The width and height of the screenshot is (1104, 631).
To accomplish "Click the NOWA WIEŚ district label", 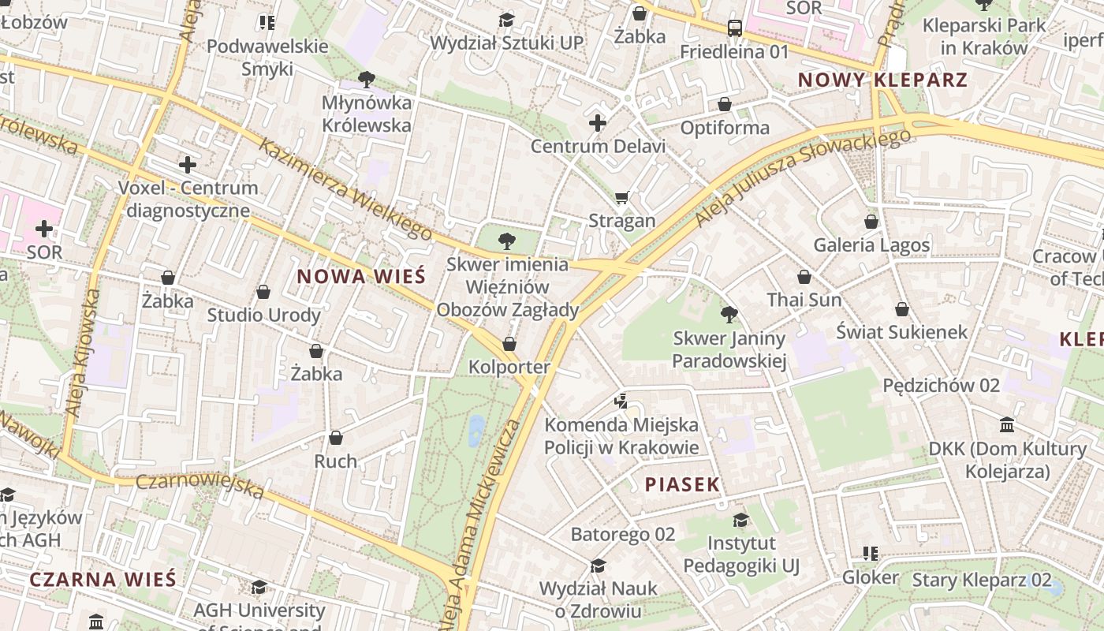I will point(361,276).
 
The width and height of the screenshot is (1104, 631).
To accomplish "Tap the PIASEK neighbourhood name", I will point(683,484).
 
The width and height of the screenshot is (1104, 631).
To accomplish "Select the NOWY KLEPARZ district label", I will point(882,80).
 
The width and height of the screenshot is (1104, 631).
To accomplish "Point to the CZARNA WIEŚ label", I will point(103,579).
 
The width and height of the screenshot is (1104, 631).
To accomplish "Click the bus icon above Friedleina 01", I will point(734,28).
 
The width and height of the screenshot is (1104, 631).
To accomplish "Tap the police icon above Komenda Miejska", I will point(621,401).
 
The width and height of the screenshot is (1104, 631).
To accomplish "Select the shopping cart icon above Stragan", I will point(622,197).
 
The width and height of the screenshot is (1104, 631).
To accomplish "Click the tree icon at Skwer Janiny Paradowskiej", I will point(729,315).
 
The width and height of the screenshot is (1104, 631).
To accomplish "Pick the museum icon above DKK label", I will point(1007,425).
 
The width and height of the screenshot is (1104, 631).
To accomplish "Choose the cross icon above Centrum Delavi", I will point(598,123).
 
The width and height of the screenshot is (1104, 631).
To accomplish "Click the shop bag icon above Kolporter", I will point(509,344).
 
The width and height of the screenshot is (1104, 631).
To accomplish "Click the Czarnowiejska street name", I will point(200,485).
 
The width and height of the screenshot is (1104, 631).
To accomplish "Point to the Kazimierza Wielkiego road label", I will point(346,189).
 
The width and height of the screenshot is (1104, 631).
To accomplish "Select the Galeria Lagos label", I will point(871,245).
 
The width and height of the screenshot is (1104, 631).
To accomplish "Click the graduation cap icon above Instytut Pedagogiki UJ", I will point(740,520).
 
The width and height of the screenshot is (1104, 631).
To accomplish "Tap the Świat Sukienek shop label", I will point(901,332).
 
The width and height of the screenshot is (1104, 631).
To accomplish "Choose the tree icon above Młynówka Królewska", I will point(366,79).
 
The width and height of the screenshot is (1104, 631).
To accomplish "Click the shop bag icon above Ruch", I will point(336,438).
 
